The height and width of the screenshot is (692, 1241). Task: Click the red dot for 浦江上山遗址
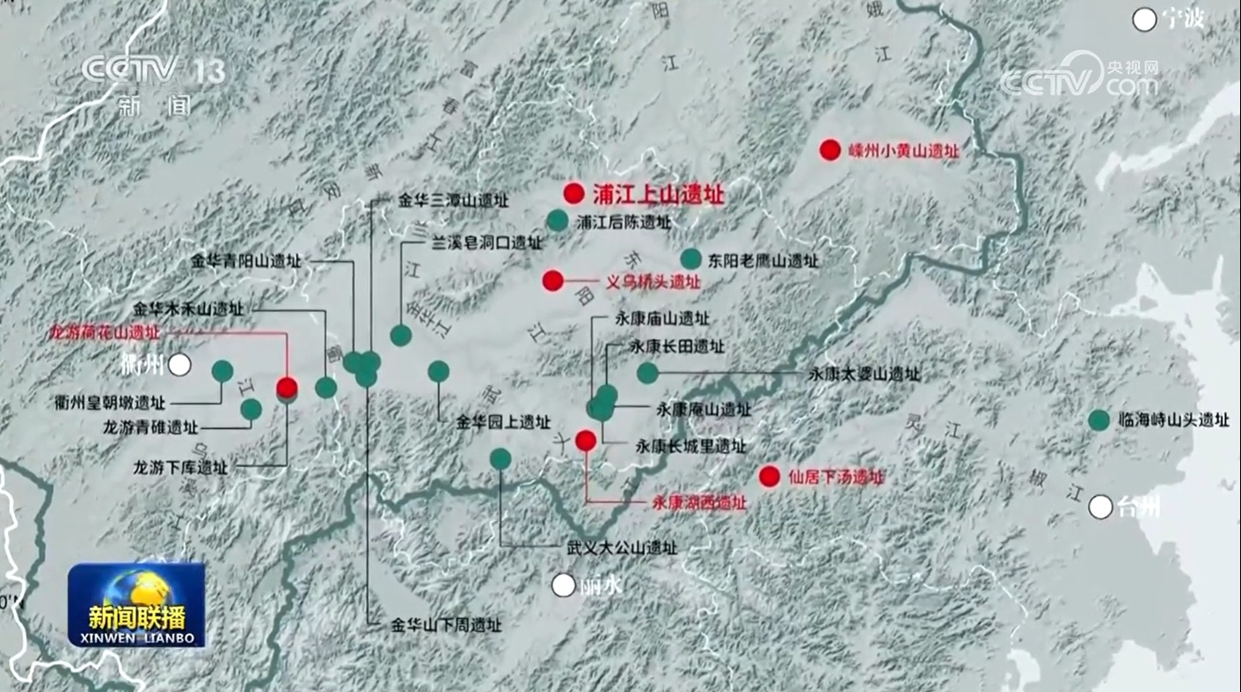573,193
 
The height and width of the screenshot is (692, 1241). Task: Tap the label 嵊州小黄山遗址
903,151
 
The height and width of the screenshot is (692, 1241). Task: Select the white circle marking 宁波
1144,19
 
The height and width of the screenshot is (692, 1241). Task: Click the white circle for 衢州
180,365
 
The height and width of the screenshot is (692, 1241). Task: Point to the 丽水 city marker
563,585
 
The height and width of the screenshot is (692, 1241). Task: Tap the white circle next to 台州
1100,506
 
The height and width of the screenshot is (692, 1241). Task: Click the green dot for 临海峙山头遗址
1099,420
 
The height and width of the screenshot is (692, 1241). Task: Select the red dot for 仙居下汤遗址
770,477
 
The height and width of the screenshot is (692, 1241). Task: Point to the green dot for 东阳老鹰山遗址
691,259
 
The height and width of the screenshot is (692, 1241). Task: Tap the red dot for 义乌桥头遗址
552,280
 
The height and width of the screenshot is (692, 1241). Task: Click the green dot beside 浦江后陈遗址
558,221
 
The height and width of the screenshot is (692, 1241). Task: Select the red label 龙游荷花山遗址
106,332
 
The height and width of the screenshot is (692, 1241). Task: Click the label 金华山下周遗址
446,626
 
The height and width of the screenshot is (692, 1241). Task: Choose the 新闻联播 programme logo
136,605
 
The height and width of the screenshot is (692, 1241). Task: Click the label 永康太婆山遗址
865,375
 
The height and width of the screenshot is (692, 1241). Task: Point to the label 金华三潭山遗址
454,200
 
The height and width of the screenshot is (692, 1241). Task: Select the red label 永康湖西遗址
699,503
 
